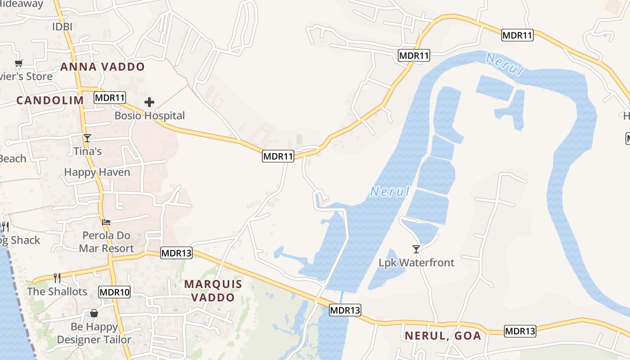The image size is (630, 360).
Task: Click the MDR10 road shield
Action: pos(114,292)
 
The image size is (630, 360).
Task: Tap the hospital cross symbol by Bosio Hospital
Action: pos(149,103)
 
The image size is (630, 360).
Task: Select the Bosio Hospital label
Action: pos(149,116)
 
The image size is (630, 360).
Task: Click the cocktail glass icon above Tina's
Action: pos(87,138)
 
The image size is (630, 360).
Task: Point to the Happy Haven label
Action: pos(97,172)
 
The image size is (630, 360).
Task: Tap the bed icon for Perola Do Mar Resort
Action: pos(106,222)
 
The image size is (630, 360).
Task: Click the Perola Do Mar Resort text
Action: pos(106,242)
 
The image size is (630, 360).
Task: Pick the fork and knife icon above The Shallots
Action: pos(57,278)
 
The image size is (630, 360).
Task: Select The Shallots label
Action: pos(57,292)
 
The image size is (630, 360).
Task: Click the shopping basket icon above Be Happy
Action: pos(94,313)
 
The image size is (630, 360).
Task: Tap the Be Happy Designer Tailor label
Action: pos(94,333)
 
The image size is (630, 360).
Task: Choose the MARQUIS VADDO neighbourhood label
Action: pos(213,291)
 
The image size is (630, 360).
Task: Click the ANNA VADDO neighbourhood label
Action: pos(103,67)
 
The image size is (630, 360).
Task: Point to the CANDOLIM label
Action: pos(50,100)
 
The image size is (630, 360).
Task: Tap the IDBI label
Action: pos(62,27)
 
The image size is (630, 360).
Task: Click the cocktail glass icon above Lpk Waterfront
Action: pos(416,249)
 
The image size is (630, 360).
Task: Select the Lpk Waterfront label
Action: pos(416,262)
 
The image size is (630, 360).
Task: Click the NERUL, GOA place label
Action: pos(443,336)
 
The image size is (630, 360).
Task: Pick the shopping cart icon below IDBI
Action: pos(18,63)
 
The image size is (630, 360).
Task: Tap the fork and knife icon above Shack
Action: pos(5,226)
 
